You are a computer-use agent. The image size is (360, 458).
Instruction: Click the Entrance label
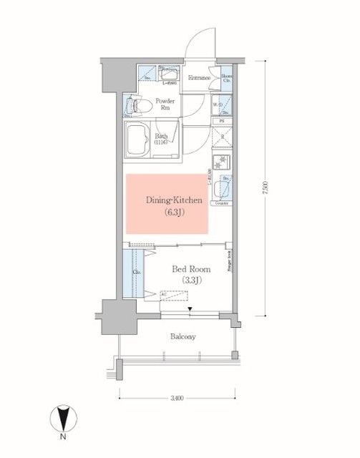[198, 78]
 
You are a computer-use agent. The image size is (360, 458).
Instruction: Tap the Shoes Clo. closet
[226, 78]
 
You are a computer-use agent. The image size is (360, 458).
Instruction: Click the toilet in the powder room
[136, 107]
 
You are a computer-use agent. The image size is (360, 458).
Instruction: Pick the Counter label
[222, 204]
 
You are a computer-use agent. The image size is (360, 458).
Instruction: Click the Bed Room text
[190, 269]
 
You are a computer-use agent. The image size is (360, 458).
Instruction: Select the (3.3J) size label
[190, 280]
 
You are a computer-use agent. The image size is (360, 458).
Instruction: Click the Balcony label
[183, 336]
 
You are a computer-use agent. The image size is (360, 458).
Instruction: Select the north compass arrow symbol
[64, 418]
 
